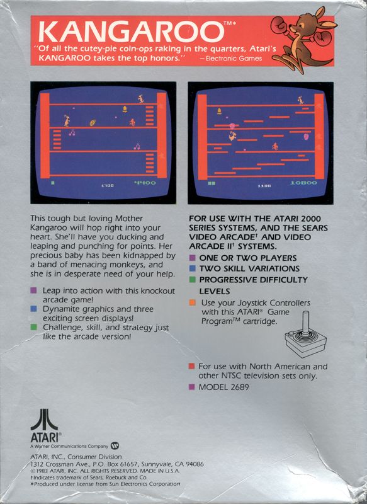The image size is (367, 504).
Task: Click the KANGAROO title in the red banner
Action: pos(132,32)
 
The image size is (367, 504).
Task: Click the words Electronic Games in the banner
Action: pos(234,59)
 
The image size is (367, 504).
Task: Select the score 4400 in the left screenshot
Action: pos(145,183)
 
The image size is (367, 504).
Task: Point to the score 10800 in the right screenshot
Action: pos(303,183)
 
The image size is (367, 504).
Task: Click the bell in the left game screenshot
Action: pos(125,109)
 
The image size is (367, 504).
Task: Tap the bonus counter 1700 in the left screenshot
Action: pos(107,186)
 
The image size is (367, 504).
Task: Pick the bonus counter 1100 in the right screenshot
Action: pos(264,186)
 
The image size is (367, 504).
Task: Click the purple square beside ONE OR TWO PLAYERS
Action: pos(193,258)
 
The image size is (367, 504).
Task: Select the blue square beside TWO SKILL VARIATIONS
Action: pos(193,268)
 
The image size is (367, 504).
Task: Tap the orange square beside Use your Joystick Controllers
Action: pos(193,302)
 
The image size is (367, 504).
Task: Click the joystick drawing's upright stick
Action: pos(307,322)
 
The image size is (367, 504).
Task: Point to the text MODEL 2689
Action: pos(223,387)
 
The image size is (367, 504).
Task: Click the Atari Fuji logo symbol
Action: pos(44,420)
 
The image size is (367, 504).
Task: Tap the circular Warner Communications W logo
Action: pos(115,446)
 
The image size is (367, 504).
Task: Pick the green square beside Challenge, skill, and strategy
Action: pos(33,327)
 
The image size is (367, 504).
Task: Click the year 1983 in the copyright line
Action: pos(41,471)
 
